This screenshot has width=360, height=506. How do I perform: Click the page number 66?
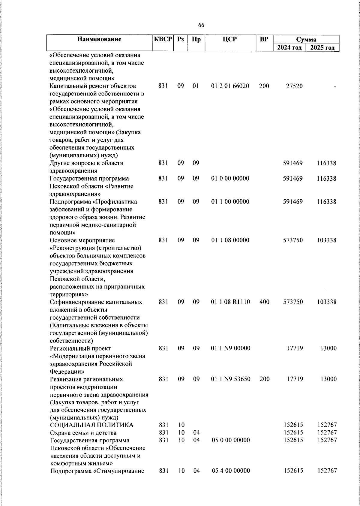coord(201,26)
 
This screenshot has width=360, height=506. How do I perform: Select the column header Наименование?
coord(99,39)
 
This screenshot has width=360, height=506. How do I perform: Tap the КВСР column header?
coord(163,39)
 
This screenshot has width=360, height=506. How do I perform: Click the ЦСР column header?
coord(230,39)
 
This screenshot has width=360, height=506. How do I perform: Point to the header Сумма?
coord(306,39)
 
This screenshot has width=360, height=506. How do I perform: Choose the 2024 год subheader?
coord(289,48)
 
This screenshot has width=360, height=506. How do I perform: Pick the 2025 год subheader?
coord(322,48)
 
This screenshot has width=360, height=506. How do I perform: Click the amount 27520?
coord(294,86)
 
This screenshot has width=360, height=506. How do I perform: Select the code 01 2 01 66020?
coord(230,86)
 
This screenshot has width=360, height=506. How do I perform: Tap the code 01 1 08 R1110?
coord(230,302)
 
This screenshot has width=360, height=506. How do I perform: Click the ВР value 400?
coord(264,302)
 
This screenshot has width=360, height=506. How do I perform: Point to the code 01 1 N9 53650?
coord(230,379)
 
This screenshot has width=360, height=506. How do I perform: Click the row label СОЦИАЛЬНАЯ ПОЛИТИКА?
coord(91,425)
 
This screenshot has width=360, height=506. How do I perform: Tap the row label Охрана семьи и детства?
coord(83,433)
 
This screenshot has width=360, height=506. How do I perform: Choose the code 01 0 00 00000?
coord(230,179)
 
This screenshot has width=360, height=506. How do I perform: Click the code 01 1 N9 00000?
coord(230,348)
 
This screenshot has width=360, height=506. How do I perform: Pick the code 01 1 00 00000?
coord(230,202)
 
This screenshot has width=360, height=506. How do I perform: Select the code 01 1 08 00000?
coord(230,240)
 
